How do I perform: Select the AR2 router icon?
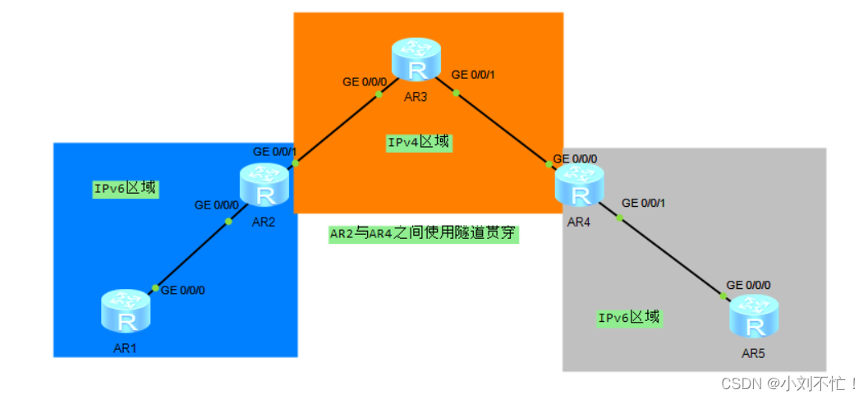click(264, 185)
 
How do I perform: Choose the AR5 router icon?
click(753, 317)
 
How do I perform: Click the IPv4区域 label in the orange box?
click(419, 142)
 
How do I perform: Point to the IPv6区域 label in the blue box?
click(125, 188)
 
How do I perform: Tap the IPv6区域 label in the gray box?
click(629, 317)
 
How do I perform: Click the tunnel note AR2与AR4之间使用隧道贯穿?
click(424, 234)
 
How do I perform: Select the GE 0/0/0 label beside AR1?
click(182, 290)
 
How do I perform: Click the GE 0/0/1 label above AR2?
click(274, 152)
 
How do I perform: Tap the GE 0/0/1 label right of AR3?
click(473, 75)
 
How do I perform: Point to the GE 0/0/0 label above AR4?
click(575, 158)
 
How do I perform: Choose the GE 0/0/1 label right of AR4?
click(644, 202)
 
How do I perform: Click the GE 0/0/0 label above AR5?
click(748, 285)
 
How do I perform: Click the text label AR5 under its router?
click(753, 354)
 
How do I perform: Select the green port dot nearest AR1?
click(154, 288)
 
